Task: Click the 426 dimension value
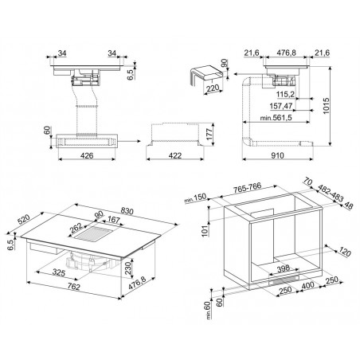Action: pos(87,155)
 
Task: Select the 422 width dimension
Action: pos(175,155)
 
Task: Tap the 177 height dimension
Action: pos(209,134)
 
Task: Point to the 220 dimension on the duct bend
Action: pos(213,88)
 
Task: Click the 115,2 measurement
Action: pos(285,94)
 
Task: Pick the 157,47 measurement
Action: pos(281,106)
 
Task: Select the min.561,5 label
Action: pos(276,118)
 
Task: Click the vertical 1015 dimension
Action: pos(326,106)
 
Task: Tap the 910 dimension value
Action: pos(277,155)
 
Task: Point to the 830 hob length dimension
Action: pos(127,211)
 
